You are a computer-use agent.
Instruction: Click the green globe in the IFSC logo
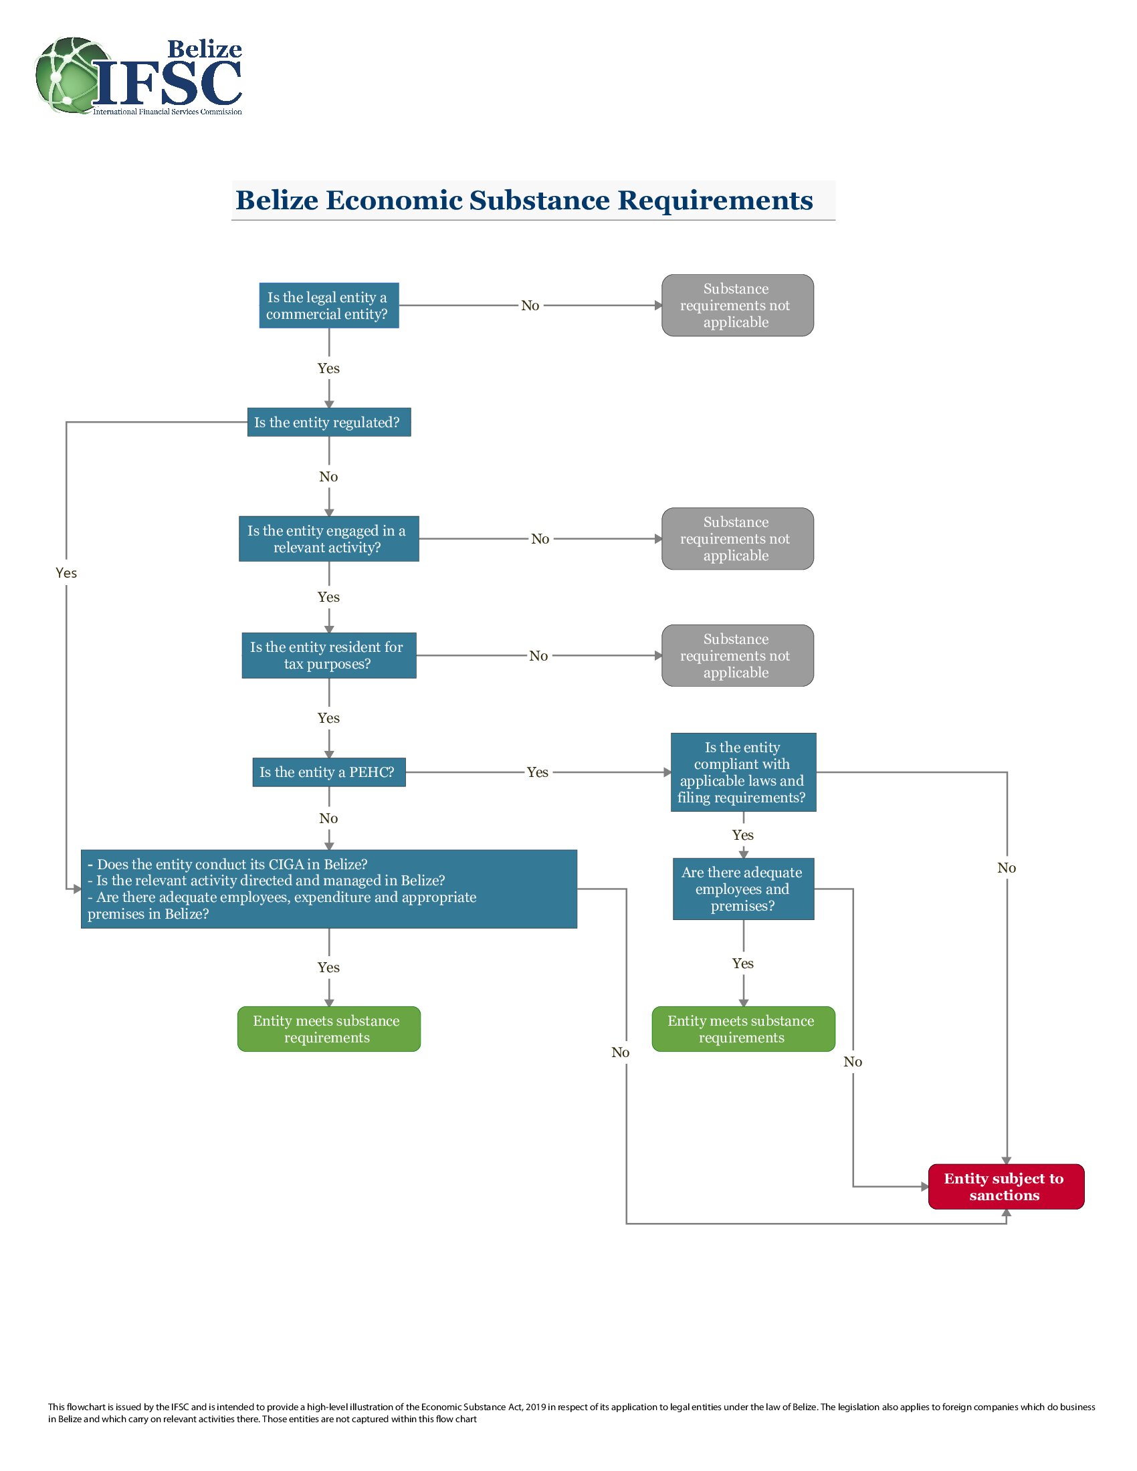click(x=73, y=75)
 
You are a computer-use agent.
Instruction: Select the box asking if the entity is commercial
click(x=328, y=305)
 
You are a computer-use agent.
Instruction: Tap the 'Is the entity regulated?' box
click(x=328, y=423)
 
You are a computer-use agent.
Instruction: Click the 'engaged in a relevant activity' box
click(x=328, y=539)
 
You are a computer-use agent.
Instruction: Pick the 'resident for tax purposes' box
click(x=328, y=655)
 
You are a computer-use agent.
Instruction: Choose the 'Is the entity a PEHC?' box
click(x=328, y=772)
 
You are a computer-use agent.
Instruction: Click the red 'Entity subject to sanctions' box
click(x=1006, y=1187)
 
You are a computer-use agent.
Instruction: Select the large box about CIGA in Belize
click(x=328, y=889)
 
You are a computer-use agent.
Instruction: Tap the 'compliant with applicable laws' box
click(x=743, y=772)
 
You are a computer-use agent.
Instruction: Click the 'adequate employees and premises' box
click(x=743, y=889)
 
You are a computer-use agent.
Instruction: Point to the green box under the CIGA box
click(x=328, y=1029)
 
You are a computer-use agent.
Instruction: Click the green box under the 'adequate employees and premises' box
click(x=743, y=1029)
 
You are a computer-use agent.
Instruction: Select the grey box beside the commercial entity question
click(x=738, y=305)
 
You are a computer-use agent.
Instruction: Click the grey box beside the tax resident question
click(x=738, y=655)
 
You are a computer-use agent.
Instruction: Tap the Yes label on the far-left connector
click(x=66, y=573)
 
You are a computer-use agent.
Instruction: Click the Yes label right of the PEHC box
click(x=538, y=772)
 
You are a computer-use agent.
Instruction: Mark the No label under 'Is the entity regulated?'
click(x=328, y=477)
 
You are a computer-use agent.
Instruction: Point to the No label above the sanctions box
click(x=1007, y=868)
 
